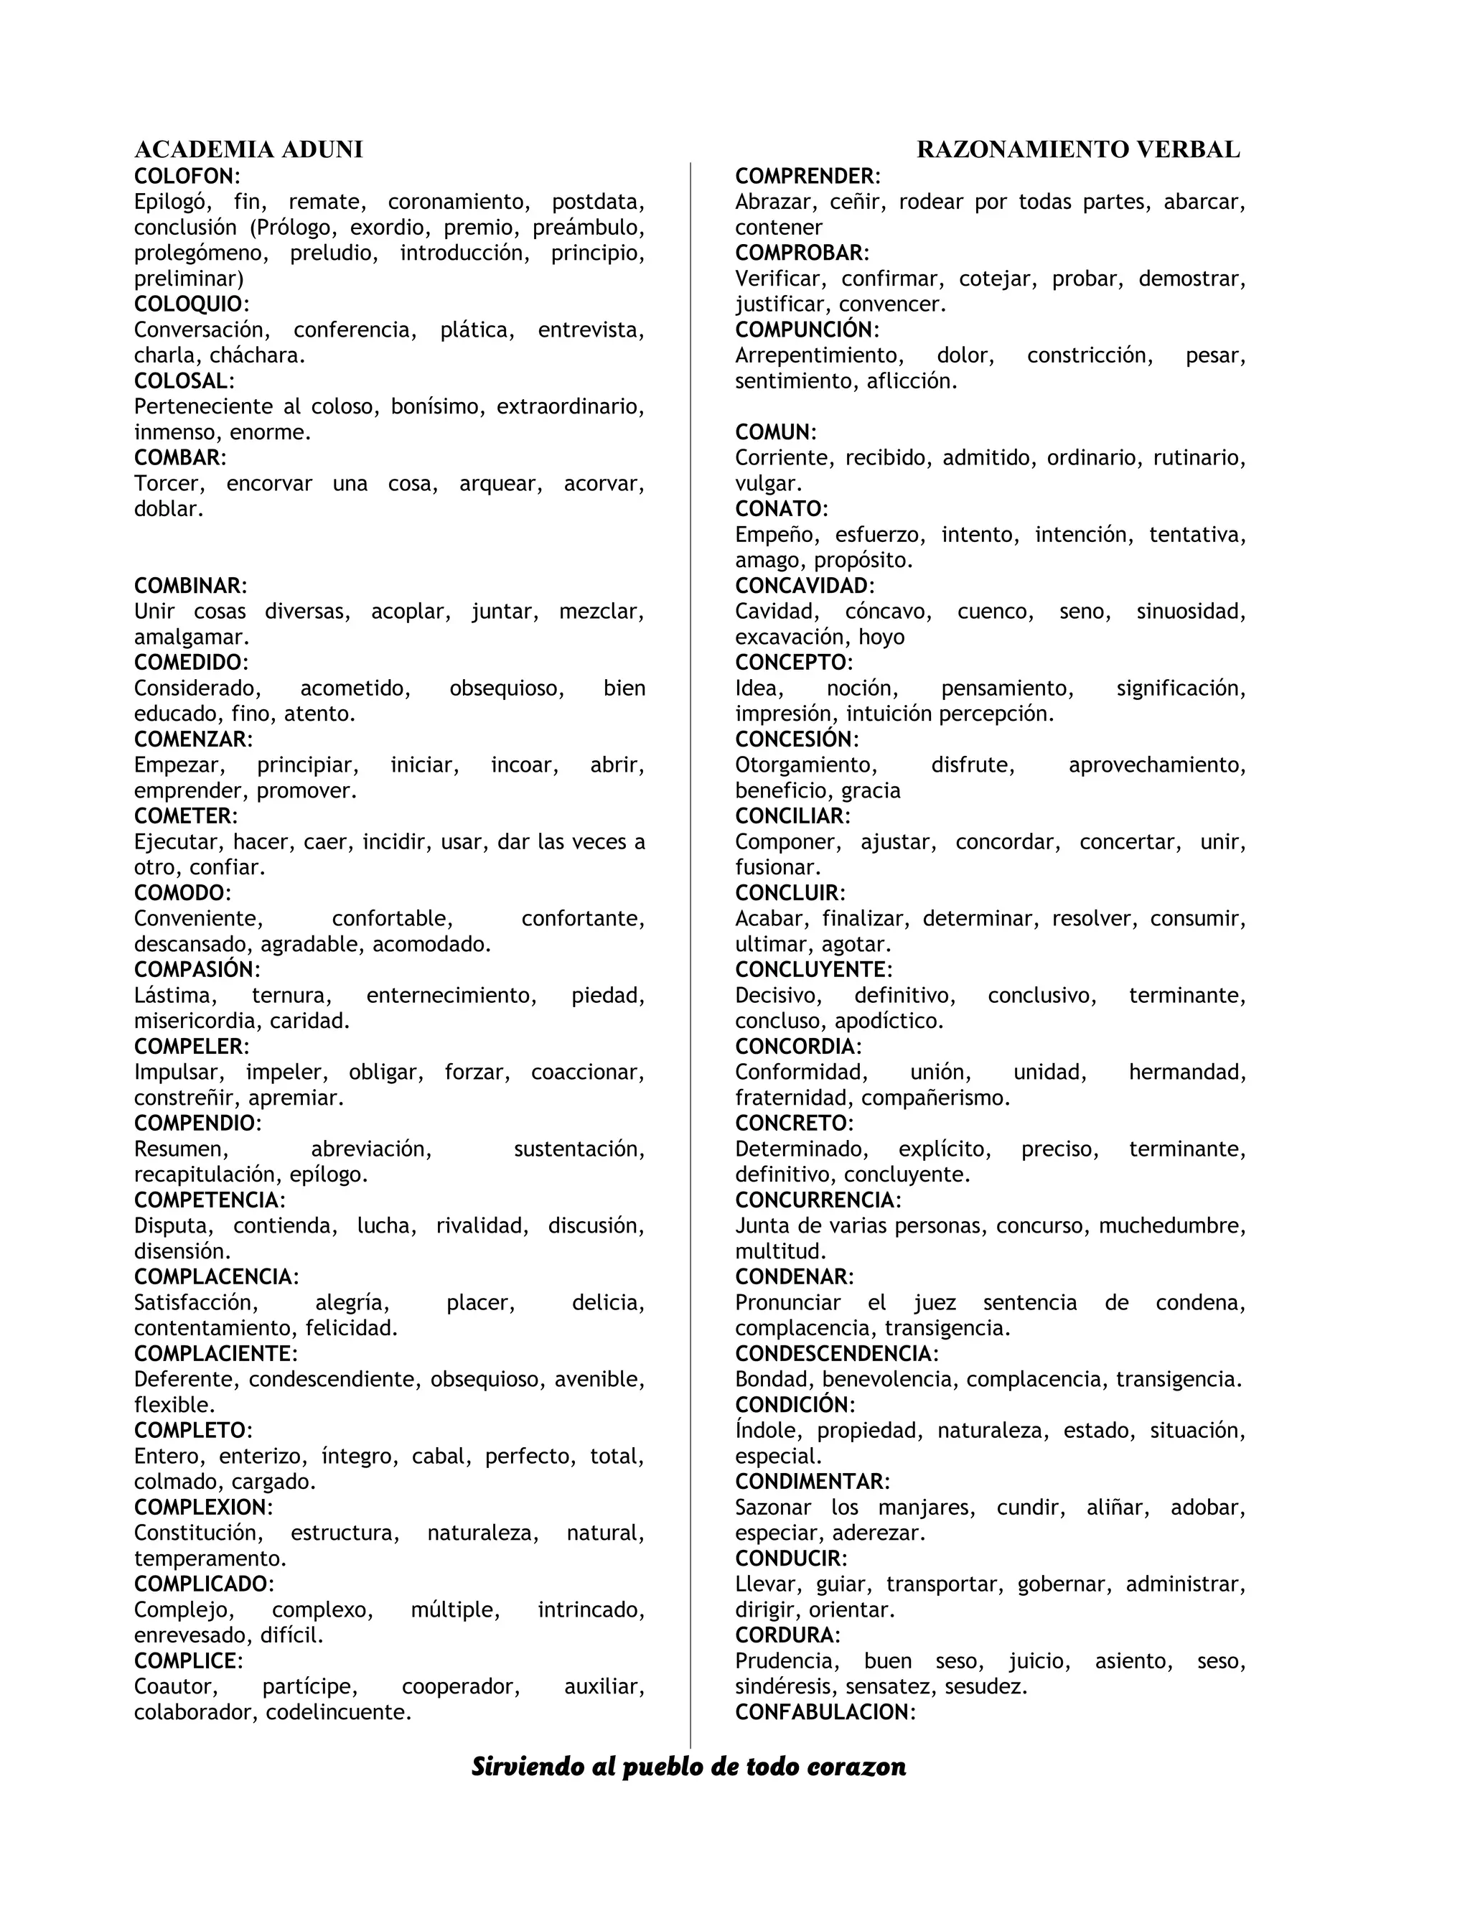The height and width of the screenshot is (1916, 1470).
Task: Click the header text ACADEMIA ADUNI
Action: coord(248,149)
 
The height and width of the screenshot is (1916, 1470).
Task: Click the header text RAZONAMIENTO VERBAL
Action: coord(1078,149)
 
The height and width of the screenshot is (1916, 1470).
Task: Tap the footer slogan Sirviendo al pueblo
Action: coord(688,1767)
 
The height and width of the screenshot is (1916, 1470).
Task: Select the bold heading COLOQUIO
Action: coord(188,304)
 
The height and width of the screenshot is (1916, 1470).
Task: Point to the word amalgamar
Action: coord(191,637)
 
